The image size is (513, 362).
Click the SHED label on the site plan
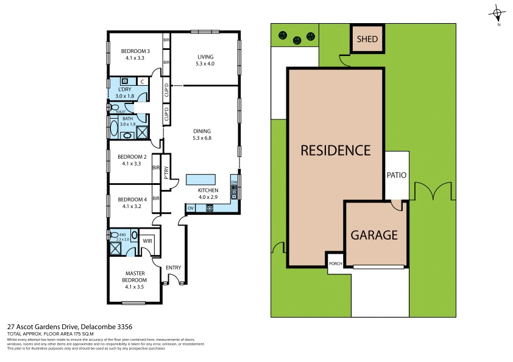(x=367, y=40)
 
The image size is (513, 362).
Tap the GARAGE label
(x=373, y=235)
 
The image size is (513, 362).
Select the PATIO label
(x=396, y=175)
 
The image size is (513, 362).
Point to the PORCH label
(x=335, y=263)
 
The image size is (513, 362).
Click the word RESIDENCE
(x=335, y=150)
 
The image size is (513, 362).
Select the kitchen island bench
(x=201, y=179)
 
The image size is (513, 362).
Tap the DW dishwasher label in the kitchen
(x=234, y=183)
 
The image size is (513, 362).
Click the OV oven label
(x=191, y=209)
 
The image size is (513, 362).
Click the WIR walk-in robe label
(x=147, y=241)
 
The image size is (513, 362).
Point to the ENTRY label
(x=173, y=267)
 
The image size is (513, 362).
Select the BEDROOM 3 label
(x=133, y=51)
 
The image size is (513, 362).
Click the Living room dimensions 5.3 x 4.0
(x=205, y=64)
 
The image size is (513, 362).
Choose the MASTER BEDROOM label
(x=134, y=277)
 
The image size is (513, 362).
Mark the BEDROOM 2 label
(x=132, y=156)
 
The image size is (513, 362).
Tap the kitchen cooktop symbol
(x=210, y=209)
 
